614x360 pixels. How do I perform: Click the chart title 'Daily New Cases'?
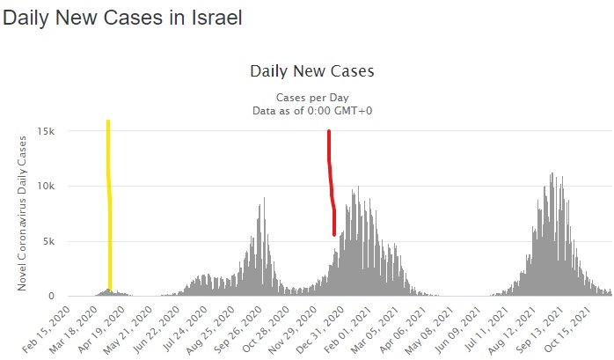pyautogui.click(x=312, y=70)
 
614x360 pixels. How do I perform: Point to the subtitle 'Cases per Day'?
pyautogui.click(x=312, y=96)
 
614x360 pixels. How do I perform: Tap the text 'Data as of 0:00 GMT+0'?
pyautogui.click(x=312, y=110)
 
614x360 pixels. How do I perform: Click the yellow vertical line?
pyautogui.click(x=109, y=202)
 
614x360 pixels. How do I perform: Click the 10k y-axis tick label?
pyautogui.click(x=47, y=186)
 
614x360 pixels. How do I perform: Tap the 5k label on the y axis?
pyautogui.click(x=49, y=241)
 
